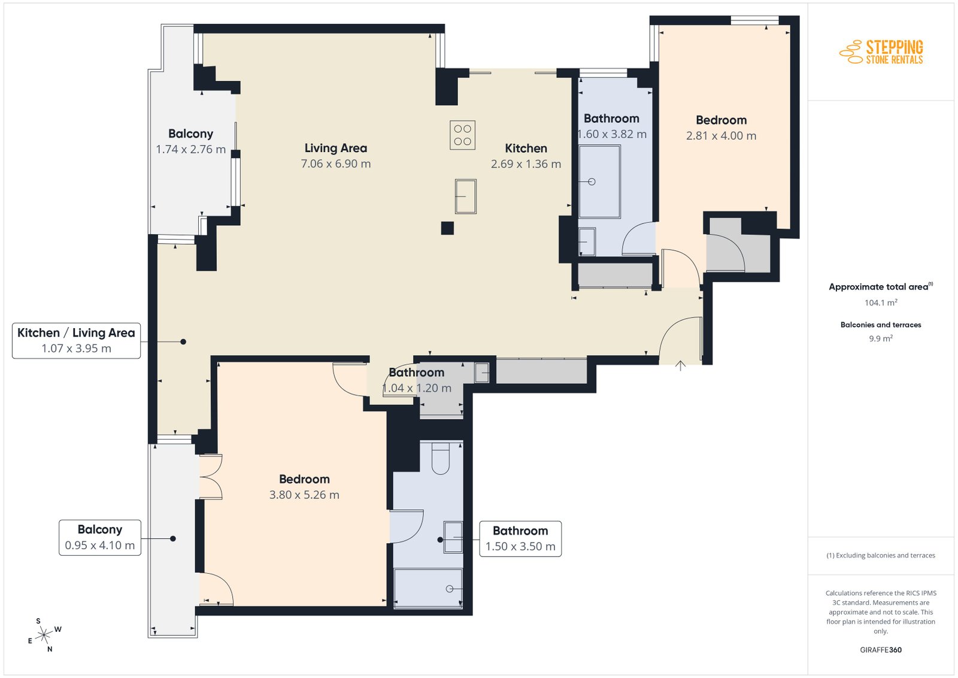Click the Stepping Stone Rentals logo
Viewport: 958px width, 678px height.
(x=881, y=52)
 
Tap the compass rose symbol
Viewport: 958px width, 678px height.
(x=44, y=635)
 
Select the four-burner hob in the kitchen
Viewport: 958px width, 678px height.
(x=462, y=135)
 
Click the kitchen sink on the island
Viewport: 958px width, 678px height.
(x=465, y=196)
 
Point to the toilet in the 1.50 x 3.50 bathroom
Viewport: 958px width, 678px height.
(x=441, y=458)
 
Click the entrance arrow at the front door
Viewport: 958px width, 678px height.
(x=680, y=365)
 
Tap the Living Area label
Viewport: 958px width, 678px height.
(x=336, y=148)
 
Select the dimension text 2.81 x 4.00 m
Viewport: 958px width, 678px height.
(x=721, y=135)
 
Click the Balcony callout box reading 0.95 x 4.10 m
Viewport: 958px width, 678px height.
(x=99, y=538)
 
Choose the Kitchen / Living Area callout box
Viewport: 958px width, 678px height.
(x=76, y=340)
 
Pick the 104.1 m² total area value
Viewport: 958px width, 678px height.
(x=881, y=302)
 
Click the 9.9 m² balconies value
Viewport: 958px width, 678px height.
(x=881, y=338)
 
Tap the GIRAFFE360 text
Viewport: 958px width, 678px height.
(x=881, y=650)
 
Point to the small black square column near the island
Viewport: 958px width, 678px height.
(x=447, y=228)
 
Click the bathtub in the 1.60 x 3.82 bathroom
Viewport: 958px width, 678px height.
(x=599, y=182)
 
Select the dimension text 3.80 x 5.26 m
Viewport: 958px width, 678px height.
(x=304, y=495)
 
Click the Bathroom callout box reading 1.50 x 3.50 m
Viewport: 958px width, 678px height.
(x=520, y=538)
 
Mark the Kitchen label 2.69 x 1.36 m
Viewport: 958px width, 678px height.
(x=526, y=156)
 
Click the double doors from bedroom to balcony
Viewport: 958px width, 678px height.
(x=210, y=477)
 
